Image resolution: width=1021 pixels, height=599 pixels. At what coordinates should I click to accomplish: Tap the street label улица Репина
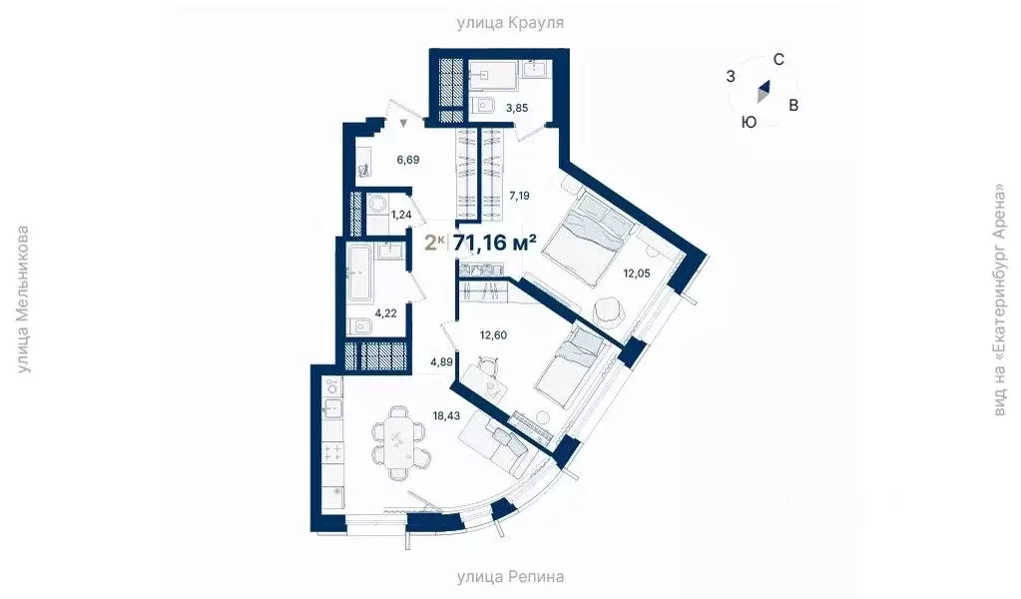click(510, 576)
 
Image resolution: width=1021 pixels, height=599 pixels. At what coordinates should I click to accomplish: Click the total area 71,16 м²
click(495, 243)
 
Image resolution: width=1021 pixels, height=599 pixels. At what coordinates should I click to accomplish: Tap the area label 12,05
click(635, 273)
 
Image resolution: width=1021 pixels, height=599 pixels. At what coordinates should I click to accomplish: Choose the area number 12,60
click(492, 335)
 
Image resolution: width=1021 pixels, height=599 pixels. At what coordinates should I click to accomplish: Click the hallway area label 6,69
click(409, 159)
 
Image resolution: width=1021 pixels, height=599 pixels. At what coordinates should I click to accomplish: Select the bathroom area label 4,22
click(387, 312)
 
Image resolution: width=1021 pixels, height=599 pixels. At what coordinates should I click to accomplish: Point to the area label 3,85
click(517, 107)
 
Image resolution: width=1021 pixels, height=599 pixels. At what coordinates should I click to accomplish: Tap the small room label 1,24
click(402, 214)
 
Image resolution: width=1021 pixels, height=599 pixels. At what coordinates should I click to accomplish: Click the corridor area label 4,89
click(443, 361)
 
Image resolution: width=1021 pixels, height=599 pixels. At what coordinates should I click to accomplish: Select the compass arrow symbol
click(764, 91)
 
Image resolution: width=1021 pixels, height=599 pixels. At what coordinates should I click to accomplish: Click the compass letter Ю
click(748, 121)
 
